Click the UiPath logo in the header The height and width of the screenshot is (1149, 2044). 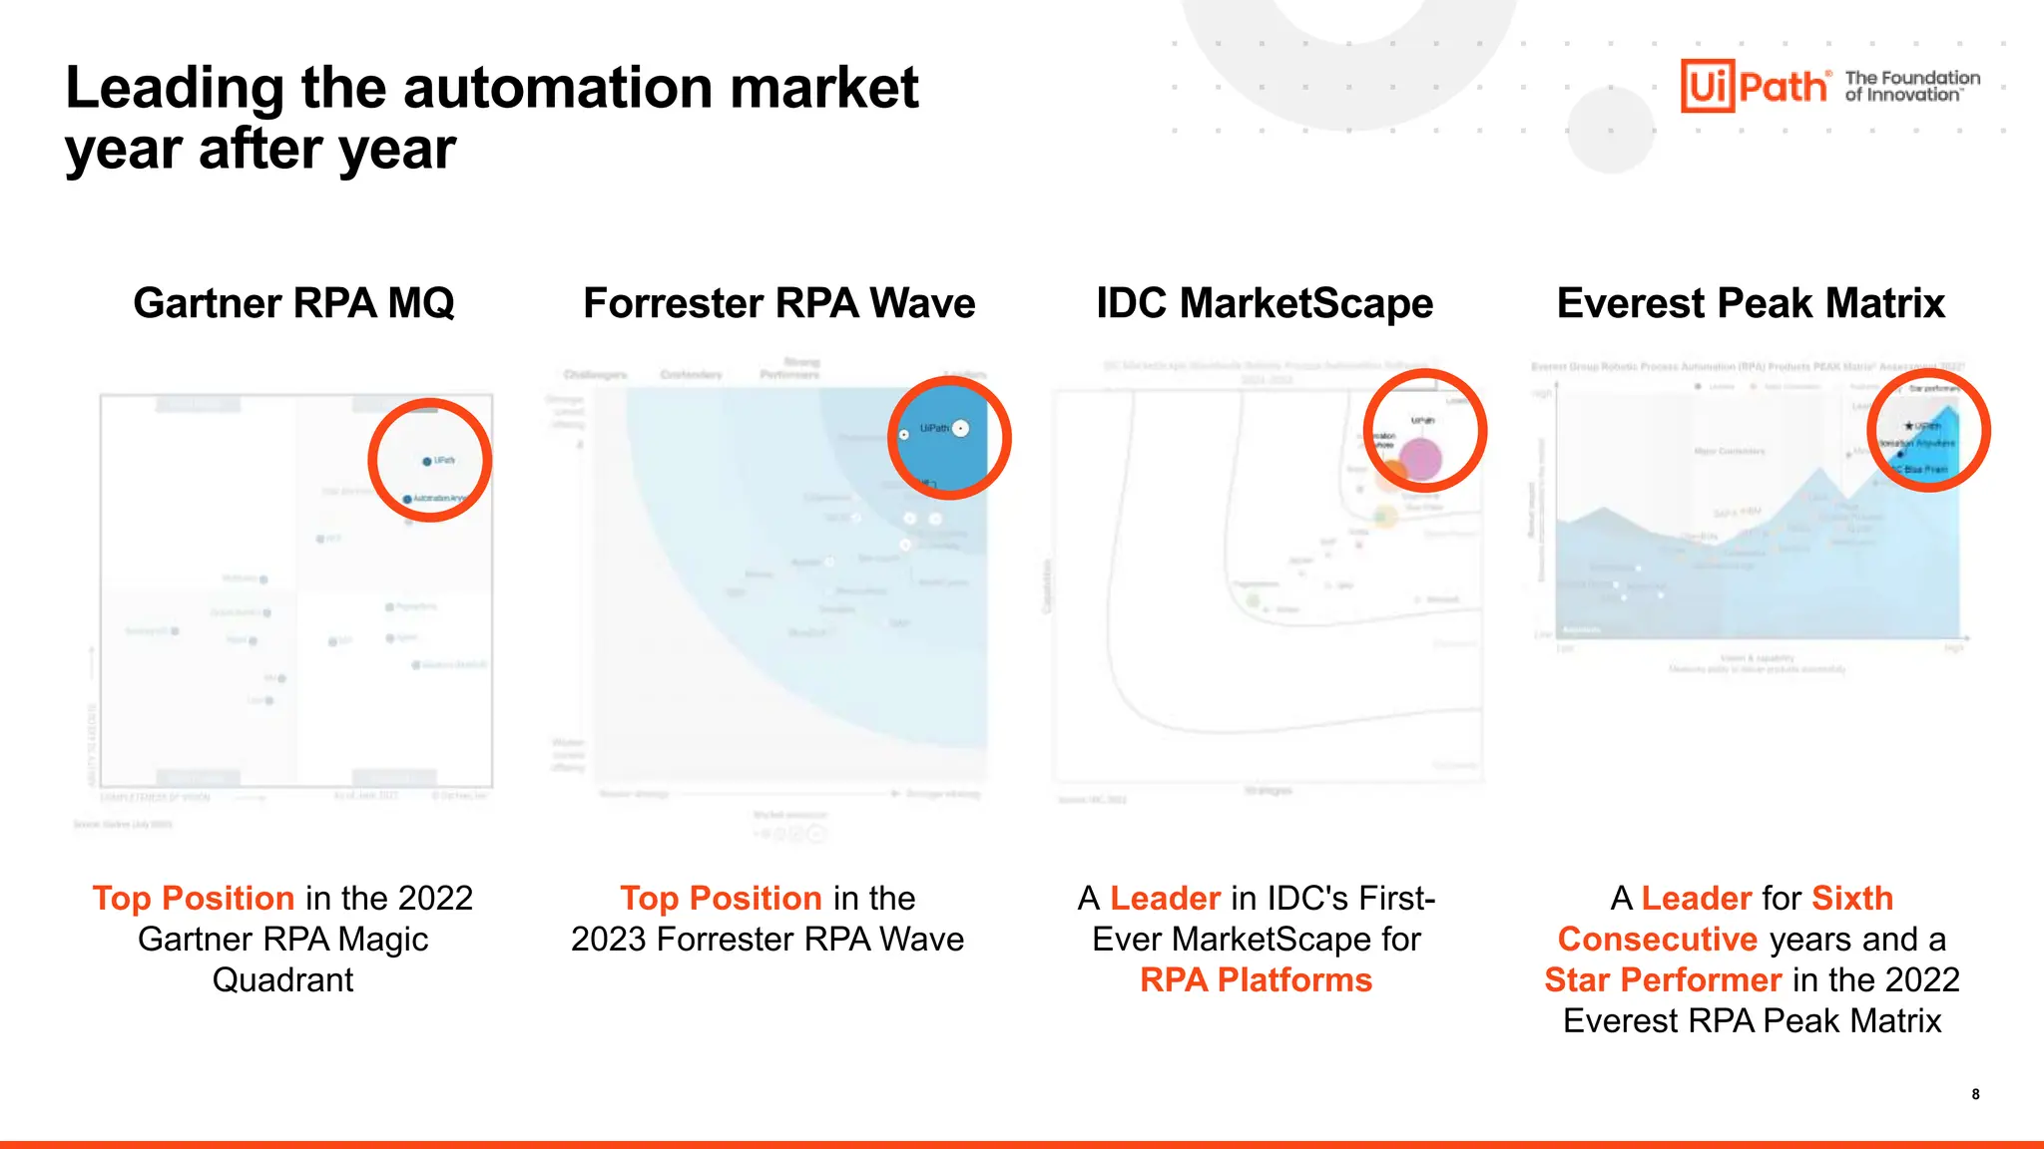pyautogui.click(x=1755, y=86)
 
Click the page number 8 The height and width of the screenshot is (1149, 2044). pyautogui.click(x=1975, y=1094)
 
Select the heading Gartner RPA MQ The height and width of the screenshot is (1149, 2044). pyautogui.click(x=293, y=303)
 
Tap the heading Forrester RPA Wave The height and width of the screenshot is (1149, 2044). pyautogui.click(x=778, y=303)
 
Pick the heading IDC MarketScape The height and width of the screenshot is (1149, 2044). pyautogui.click(x=1264, y=303)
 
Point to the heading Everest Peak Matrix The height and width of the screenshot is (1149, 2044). pyautogui.click(x=1751, y=303)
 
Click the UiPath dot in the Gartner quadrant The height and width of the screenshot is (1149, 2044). pyautogui.click(x=427, y=461)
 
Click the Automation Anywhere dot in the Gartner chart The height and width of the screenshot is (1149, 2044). pyautogui.click(x=407, y=499)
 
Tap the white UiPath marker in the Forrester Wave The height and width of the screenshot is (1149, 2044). pyautogui.click(x=960, y=428)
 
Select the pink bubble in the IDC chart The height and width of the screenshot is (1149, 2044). pyautogui.click(x=1420, y=460)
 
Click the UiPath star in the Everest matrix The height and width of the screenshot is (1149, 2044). pyautogui.click(x=1909, y=426)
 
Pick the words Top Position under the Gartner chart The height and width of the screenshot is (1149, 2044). pyautogui.click(x=194, y=898)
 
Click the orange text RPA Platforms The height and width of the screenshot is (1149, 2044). pyautogui.click(x=1256, y=980)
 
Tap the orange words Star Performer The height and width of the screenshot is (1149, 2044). pyautogui.click(x=1663, y=980)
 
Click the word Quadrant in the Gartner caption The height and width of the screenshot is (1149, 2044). pyautogui.click(x=282, y=980)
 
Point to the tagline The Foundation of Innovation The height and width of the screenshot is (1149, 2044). pyautogui.click(x=1911, y=86)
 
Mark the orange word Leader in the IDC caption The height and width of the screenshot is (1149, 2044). pyautogui.click(x=1165, y=898)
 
